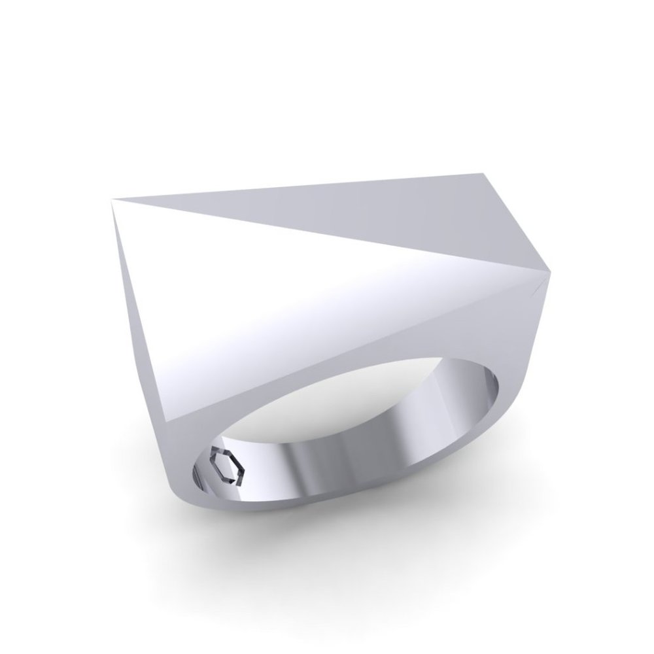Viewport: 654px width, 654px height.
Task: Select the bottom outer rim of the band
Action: [294, 526]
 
